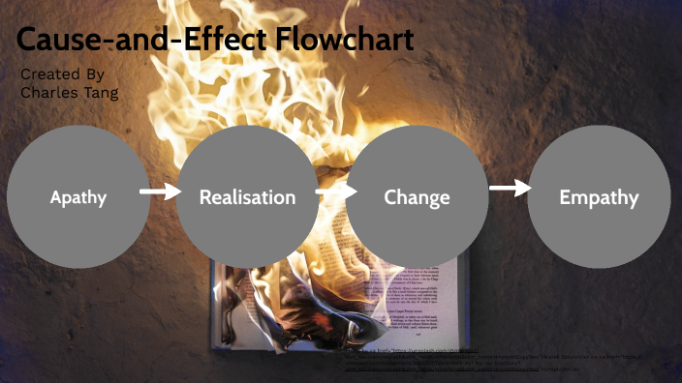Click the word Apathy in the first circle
(78, 198)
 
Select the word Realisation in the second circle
(247, 197)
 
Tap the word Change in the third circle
(417, 198)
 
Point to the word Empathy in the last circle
(599, 198)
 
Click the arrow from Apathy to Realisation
(160, 191)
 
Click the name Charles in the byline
(47, 93)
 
